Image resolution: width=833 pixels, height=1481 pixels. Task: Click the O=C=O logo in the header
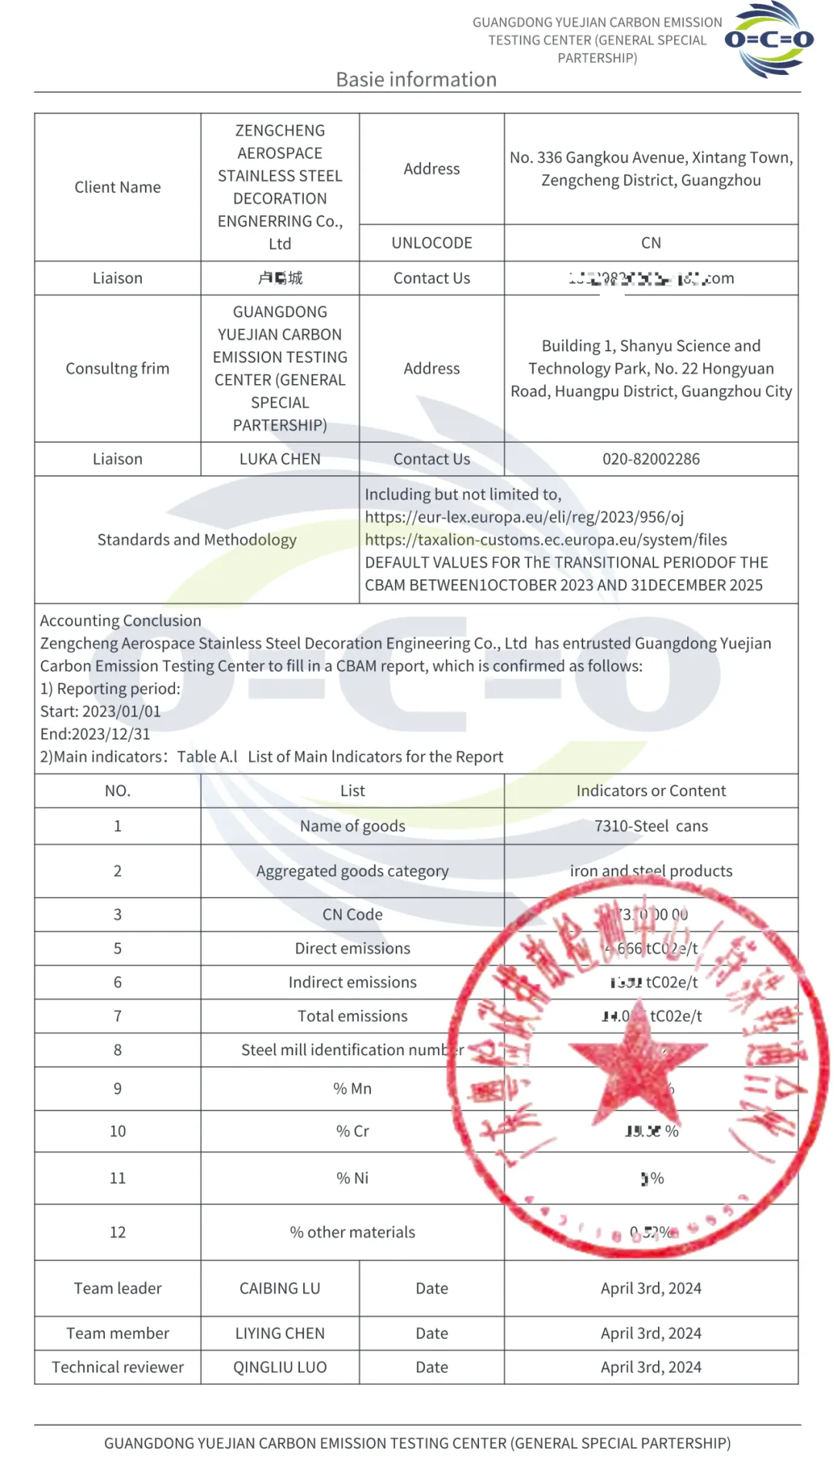point(768,39)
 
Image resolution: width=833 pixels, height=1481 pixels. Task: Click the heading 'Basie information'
point(416,79)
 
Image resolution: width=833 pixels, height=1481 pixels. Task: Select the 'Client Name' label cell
point(117,187)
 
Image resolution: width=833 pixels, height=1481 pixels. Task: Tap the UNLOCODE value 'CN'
point(651,243)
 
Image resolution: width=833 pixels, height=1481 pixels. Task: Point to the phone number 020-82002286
point(651,459)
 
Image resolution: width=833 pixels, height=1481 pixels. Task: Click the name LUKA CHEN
point(279,459)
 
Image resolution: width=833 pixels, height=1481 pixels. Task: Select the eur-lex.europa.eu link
point(524,517)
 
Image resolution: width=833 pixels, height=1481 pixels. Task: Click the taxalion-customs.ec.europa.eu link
point(546,540)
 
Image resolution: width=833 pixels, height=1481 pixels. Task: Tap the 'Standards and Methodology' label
point(197,540)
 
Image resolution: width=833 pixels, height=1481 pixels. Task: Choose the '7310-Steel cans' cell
point(651,826)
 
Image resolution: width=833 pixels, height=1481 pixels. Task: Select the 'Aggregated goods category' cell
point(352,871)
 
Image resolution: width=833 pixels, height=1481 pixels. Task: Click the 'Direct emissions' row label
point(352,949)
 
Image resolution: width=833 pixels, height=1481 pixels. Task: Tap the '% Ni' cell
point(352,1178)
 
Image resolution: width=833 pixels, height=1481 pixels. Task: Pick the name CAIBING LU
point(279,1288)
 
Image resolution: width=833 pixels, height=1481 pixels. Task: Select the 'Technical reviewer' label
point(117,1368)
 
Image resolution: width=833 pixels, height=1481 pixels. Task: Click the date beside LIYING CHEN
point(651,1334)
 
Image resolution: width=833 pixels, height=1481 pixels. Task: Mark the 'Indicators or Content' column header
point(651,791)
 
